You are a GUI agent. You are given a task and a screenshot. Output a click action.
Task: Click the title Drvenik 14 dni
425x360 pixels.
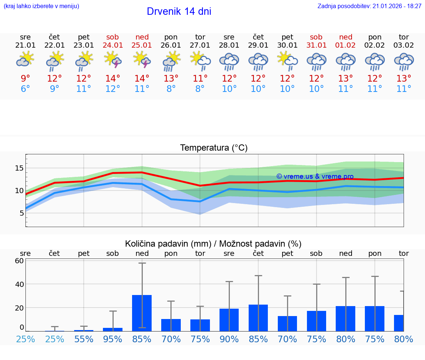tap(179, 11)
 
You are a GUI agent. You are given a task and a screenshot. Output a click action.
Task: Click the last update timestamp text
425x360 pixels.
tap(369, 6)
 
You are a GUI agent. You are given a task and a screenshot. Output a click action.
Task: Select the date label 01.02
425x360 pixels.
tap(346, 45)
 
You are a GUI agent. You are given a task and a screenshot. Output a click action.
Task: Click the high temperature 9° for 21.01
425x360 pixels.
tap(25, 79)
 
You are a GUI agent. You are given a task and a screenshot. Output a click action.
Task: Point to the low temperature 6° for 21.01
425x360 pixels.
tap(25, 89)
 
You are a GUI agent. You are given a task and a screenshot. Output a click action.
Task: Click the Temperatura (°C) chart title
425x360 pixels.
tap(214, 148)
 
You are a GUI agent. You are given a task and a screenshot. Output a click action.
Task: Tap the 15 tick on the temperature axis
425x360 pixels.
tap(19, 168)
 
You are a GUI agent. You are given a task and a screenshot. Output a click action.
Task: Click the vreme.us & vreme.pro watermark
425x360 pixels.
tap(315, 176)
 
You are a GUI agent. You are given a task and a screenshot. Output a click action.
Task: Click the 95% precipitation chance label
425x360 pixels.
tap(113, 339)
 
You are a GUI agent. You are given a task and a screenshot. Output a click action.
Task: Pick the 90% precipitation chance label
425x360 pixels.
tap(229, 339)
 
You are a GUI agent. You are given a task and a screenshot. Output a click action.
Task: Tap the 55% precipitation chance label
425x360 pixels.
tap(84, 339)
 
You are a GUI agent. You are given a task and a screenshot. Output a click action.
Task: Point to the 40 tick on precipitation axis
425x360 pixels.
tap(20, 284)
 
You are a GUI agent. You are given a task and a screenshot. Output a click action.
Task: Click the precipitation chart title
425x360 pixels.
tap(213, 244)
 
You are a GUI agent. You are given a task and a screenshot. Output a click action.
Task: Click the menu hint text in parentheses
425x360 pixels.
tap(41, 6)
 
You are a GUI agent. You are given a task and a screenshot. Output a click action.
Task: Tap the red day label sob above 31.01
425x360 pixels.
tap(316, 37)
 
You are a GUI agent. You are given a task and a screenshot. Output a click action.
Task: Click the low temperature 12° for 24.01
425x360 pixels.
tap(113, 89)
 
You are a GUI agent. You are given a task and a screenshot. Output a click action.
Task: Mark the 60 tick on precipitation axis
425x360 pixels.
tap(20, 261)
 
